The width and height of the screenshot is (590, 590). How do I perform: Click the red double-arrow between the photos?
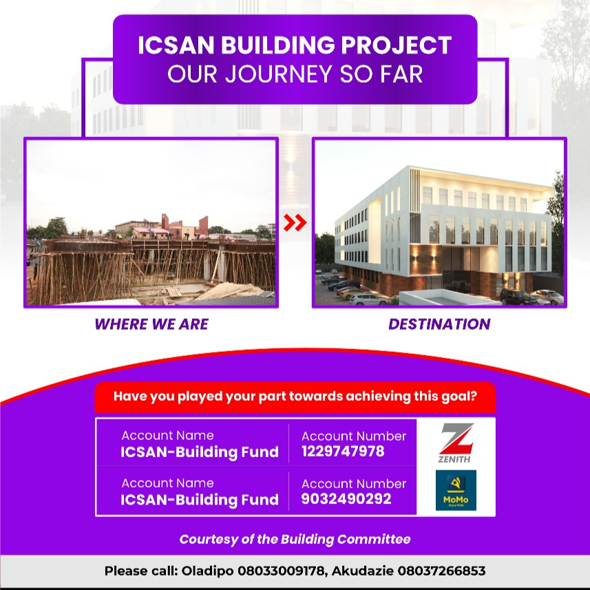point(295,222)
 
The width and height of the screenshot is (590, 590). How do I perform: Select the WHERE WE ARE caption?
point(151,324)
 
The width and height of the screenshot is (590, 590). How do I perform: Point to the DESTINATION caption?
point(439,324)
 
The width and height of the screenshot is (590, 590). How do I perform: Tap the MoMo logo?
point(455,490)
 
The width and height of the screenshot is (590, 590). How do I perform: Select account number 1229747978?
point(343,452)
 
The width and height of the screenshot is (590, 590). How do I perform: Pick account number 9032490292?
point(346,499)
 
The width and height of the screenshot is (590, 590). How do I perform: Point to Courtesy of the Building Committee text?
point(295,539)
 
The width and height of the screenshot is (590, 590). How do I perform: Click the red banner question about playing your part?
point(295,397)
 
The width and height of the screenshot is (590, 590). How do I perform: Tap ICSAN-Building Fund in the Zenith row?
point(200,452)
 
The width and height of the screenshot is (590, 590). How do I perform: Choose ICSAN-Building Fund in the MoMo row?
point(200,500)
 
